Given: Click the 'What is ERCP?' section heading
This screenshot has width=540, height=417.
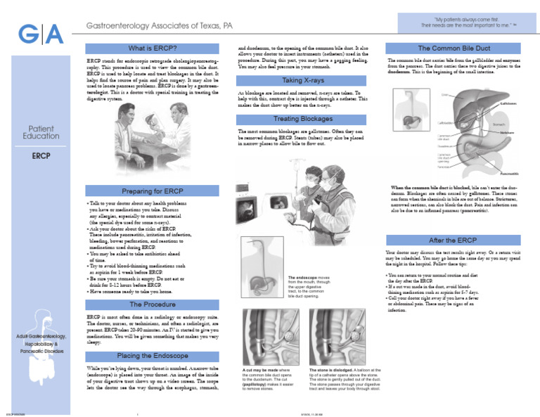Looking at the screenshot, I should point(152,49).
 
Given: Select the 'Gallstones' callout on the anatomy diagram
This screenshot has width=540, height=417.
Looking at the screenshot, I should point(511,103).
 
